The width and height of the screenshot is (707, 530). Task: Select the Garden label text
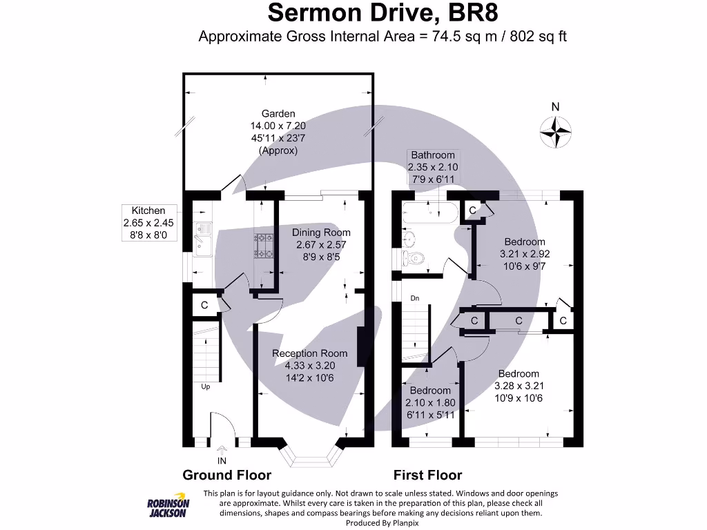(278, 114)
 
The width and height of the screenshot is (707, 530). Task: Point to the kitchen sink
(204, 238)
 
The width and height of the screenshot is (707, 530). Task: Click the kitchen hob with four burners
(264, 246)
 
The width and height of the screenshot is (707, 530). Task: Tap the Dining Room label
(321, 233)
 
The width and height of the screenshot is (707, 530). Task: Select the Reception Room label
(309, 353)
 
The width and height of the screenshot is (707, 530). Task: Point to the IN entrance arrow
(222, 451)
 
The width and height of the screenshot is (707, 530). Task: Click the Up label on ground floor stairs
(205, 387)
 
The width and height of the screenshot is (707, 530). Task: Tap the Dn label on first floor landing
(415, 298)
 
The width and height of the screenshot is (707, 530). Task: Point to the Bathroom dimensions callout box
(433, 167)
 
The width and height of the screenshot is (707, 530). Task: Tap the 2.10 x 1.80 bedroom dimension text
(431, 403)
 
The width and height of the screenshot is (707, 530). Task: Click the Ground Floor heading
(226, 475)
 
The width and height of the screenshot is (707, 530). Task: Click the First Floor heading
(427, 475)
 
